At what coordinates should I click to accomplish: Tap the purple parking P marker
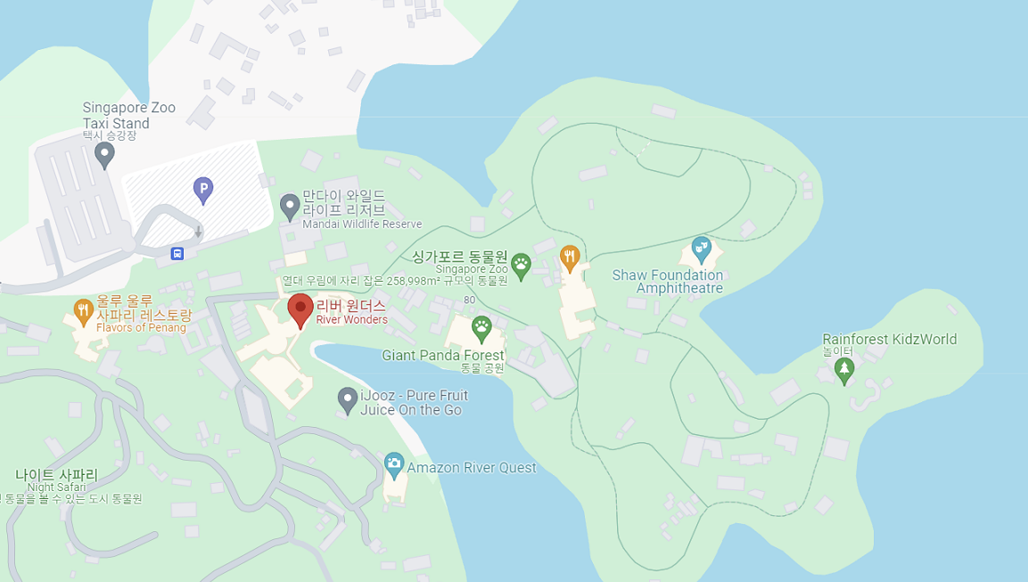(203, 189)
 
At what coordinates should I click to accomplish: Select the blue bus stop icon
(177, 254)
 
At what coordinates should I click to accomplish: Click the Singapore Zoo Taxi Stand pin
(105, 154)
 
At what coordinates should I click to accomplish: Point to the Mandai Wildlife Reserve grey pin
(290, 206)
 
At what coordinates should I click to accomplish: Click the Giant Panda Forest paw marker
(481, 328)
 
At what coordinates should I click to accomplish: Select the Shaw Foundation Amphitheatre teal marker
(702, 249)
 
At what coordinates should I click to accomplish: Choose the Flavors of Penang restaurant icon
(84, 310)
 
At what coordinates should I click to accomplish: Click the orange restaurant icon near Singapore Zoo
(570, 258)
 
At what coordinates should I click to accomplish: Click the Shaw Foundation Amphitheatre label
(668, 282)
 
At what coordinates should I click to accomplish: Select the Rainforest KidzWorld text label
(889, 340)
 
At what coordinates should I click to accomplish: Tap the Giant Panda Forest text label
(443, 356)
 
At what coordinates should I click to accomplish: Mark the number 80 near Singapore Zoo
(469, 299)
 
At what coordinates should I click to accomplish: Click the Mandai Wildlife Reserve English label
(362, 225)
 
